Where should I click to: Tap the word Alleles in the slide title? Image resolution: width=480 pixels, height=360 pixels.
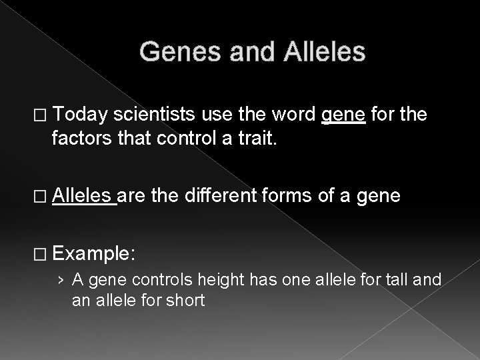(x=325, y=51)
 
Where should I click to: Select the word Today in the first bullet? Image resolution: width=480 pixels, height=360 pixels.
(x=80, y=117)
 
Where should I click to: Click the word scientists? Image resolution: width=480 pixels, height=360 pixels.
(x=155, y=117)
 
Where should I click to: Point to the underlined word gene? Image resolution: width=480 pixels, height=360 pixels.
(x=343, y=117)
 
